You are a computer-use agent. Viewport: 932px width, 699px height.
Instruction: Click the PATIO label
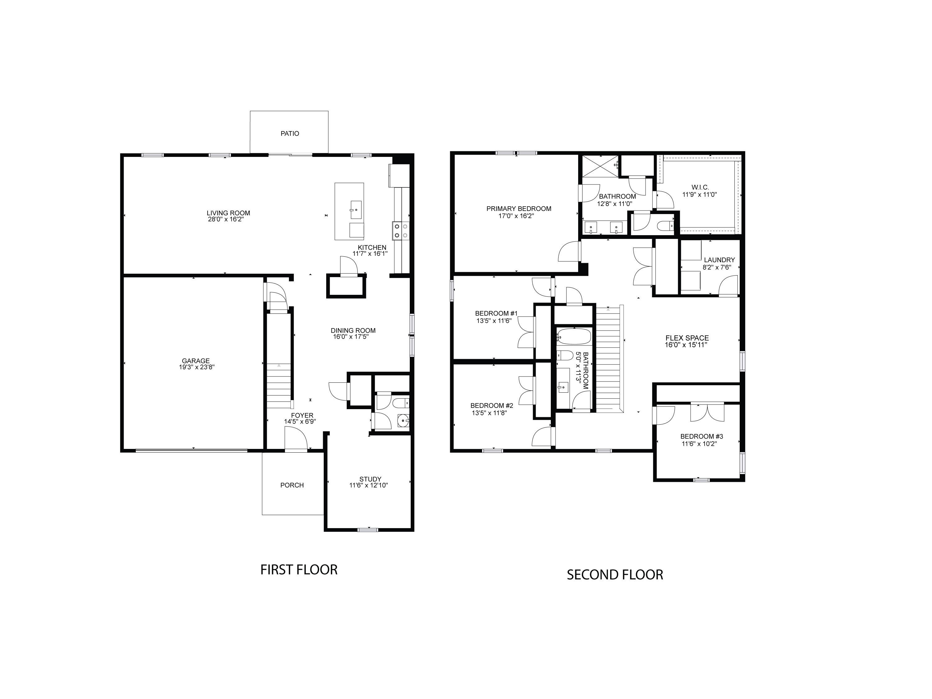point(290,134)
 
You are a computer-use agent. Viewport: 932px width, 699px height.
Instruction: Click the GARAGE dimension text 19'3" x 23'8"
point(197,367)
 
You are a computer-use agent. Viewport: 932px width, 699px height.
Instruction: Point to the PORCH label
point(292,485)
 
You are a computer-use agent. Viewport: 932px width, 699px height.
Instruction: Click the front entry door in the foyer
point(296,439)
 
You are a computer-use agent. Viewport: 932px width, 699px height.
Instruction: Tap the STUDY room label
point(370,479)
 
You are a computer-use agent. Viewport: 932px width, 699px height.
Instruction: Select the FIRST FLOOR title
point(299,570)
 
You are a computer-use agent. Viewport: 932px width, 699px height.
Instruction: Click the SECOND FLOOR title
point(615,575)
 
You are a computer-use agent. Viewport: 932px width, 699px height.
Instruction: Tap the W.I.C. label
point(700,187)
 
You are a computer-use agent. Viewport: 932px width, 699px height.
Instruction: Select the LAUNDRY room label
point(719,260)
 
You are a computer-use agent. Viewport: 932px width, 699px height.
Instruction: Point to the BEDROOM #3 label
point(701,436)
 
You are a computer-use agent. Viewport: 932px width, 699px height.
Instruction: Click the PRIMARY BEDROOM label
point(519,208)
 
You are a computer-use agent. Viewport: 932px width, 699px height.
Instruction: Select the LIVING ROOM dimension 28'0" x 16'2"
point(226,220)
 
